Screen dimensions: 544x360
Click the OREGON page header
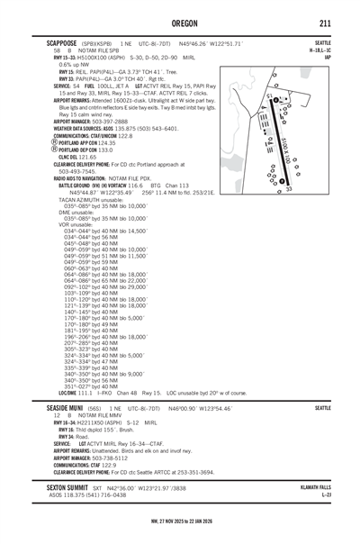click(180, 22)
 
